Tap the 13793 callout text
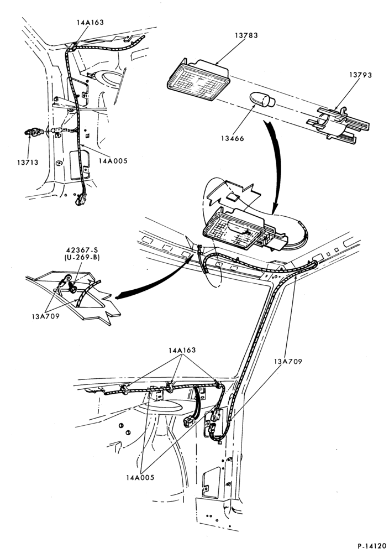tap(360, 75)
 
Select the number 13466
tap(233, 139)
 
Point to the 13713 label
tap(27, 163)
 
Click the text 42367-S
tap(82, 251)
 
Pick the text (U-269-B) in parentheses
tap(82, 258)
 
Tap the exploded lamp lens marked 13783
tap(198, 80)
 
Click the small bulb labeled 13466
tap(262, 100)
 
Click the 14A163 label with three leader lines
tap(182, 350)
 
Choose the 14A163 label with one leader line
tap(90, 22)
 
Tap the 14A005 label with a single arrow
tap(113, 161)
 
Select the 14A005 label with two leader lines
tap(140, 478)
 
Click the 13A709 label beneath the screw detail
tap(45, 316)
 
